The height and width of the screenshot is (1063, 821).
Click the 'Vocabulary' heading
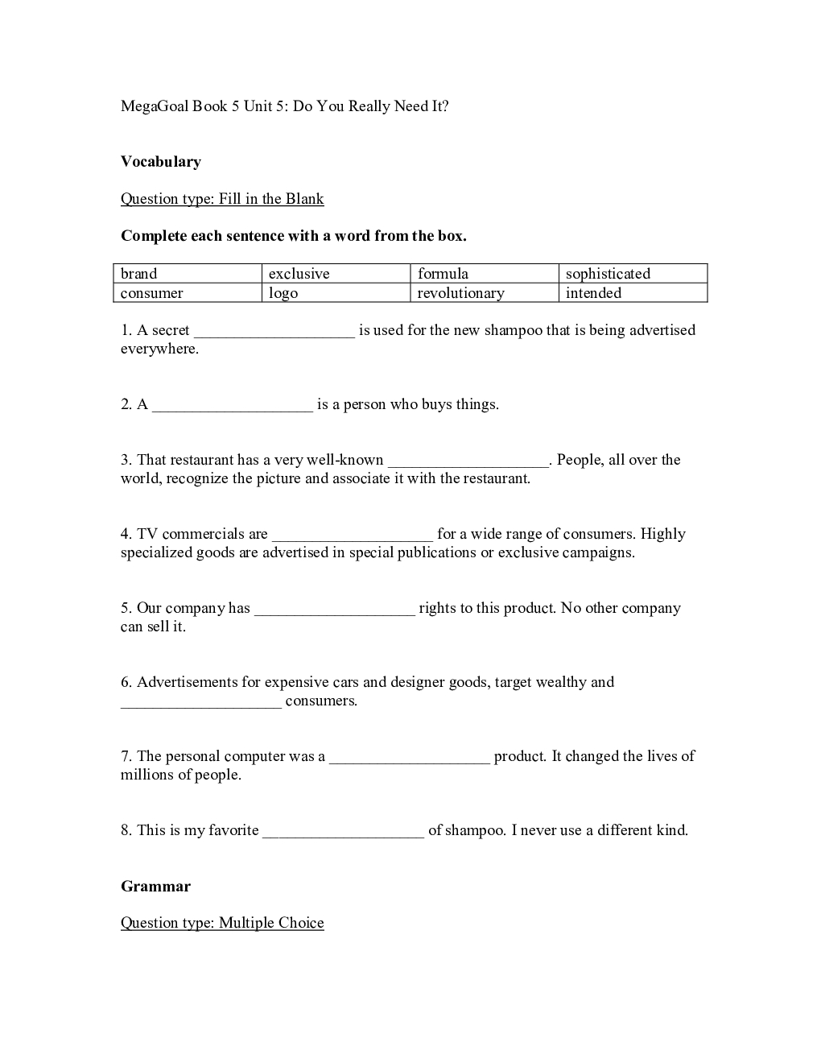(161, 162)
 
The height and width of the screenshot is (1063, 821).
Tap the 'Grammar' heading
(155, 887)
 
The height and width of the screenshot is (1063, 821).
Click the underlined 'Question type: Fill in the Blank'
(222, 199)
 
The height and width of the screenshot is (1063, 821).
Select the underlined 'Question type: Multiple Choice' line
(222, 923)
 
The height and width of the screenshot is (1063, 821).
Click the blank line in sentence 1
(274, 333)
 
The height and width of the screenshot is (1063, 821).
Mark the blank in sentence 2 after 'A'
(233, 407)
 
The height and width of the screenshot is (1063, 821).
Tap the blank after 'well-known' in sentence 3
(468, 462)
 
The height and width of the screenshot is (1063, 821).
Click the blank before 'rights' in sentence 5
(335, 610)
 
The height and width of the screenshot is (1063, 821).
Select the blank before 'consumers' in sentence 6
(201, 703)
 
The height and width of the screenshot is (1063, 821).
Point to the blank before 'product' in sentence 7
(410, 759)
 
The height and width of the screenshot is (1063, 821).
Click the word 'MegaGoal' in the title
(154, 106)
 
